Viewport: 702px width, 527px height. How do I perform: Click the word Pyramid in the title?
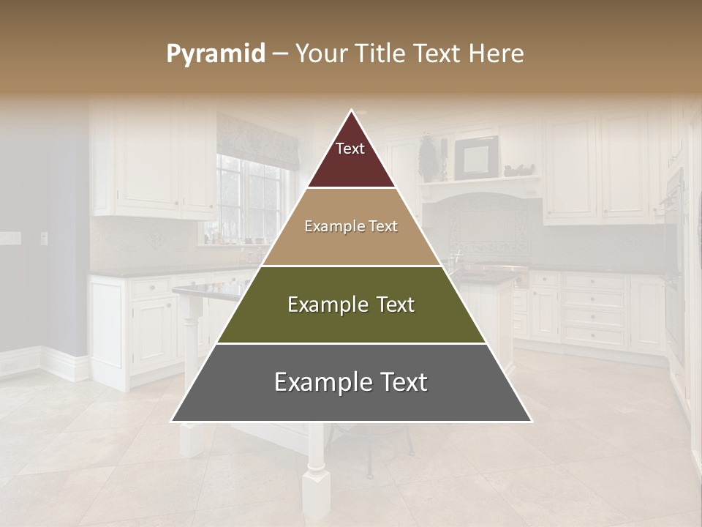215,54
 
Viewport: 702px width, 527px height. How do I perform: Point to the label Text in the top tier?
350,149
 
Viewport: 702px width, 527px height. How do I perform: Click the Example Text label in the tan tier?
351,226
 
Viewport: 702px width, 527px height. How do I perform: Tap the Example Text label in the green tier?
351,304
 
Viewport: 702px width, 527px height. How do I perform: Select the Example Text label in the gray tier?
351,382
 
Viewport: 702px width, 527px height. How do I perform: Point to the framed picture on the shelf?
476,157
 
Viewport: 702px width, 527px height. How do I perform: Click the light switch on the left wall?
43,238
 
